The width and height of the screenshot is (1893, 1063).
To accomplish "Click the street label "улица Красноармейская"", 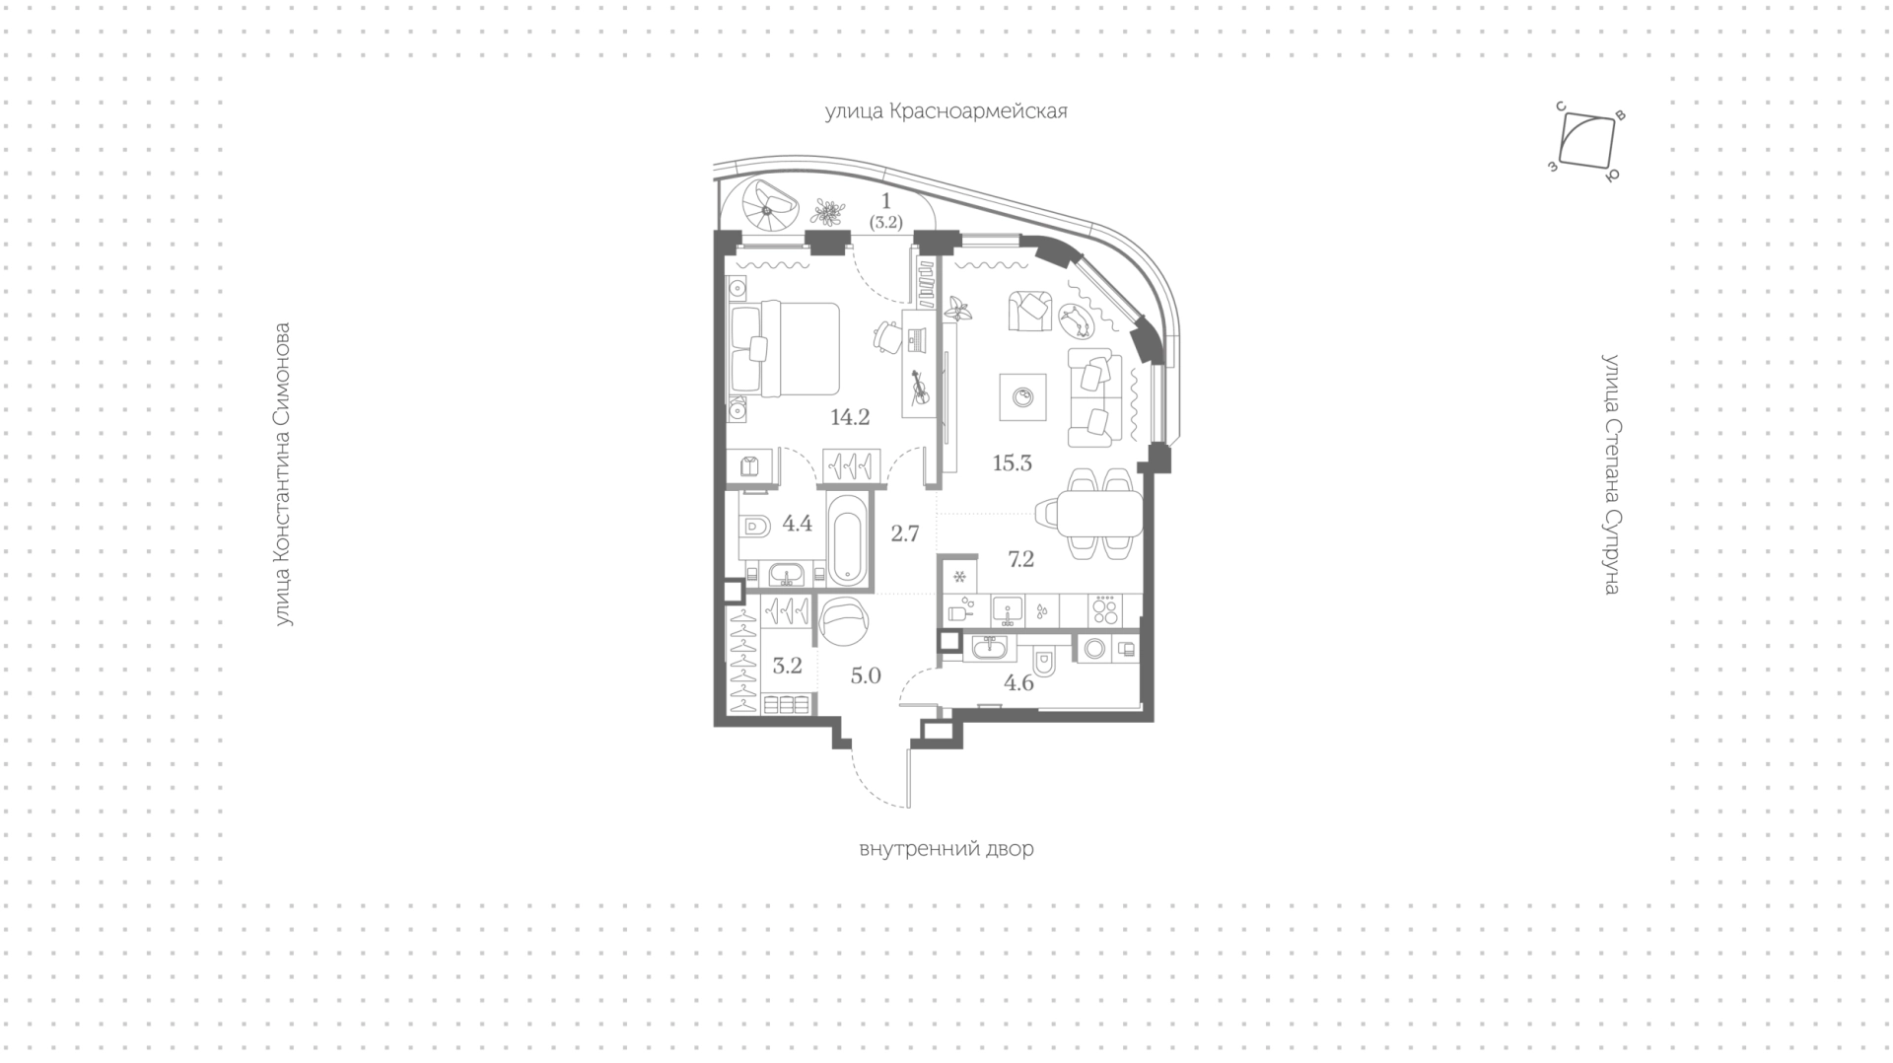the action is [x=946, y=111].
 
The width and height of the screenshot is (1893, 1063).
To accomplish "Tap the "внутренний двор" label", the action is [x=946, y=849].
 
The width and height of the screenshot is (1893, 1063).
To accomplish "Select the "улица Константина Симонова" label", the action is [x=284, y=474].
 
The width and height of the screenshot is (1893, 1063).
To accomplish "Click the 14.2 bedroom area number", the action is [x=850, y=417].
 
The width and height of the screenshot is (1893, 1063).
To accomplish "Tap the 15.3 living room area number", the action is [x=1013, y=462].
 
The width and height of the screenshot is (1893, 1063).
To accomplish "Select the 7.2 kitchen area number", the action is [x=1020, y=559].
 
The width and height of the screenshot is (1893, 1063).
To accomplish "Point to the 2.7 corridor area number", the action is [x=904, y=533].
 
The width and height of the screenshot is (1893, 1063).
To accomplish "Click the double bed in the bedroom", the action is [x=785, y=348].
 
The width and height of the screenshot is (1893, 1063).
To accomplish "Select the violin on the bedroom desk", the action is [x=919, y=388].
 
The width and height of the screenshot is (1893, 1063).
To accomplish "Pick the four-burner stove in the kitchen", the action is [x=1105, y=609].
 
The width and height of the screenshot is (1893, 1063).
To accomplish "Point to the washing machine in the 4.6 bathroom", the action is [x=1092, y=648].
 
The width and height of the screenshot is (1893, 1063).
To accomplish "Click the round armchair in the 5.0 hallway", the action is [x=844, y=624].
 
